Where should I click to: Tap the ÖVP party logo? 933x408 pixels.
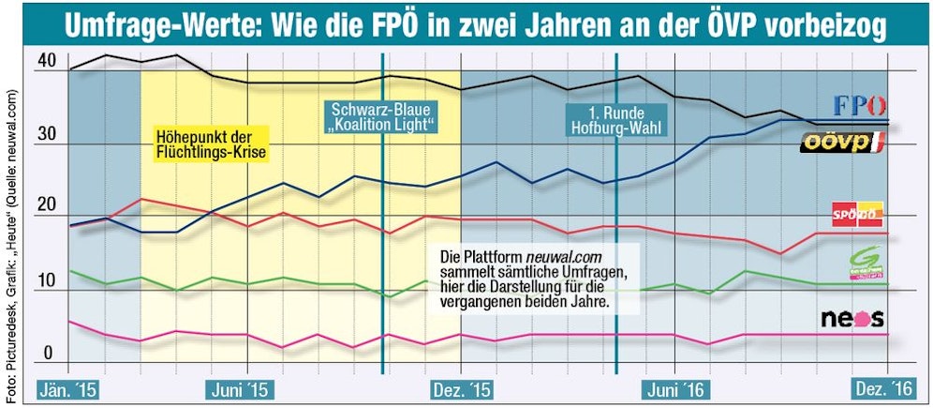click(842, 143)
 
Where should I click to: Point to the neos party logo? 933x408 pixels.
click(852, 319)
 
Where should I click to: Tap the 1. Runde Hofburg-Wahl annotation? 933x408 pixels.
click(615, 116)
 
